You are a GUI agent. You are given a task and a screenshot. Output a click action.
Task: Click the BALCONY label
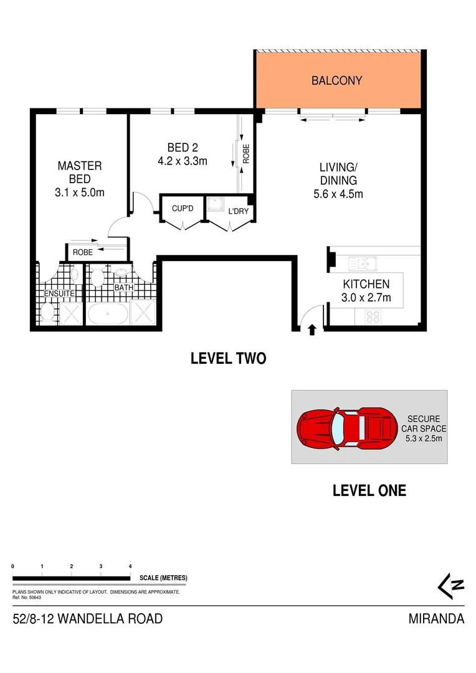point(336,80)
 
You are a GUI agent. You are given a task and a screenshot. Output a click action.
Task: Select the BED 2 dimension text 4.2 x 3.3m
point(183,161)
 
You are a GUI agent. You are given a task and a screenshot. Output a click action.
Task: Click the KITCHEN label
point(366,285)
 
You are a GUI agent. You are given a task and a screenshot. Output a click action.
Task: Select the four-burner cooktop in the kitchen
point(373,316)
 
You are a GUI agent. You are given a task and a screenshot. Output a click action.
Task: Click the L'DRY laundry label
point(238,211)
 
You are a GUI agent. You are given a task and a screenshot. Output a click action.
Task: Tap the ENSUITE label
point(59,293)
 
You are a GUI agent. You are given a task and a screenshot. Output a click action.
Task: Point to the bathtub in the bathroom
point(108,313)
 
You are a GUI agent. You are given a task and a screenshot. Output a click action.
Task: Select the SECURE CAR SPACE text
point(424,424)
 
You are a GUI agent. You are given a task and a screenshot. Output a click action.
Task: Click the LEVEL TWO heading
point(228,358)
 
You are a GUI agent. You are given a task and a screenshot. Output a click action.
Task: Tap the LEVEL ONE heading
point(369,490)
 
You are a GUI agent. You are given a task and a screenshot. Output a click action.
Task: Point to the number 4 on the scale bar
point(130,566)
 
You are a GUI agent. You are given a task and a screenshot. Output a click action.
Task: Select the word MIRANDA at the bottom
point(436,619)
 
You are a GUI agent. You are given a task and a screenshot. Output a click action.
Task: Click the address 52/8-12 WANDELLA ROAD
point(88,619)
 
